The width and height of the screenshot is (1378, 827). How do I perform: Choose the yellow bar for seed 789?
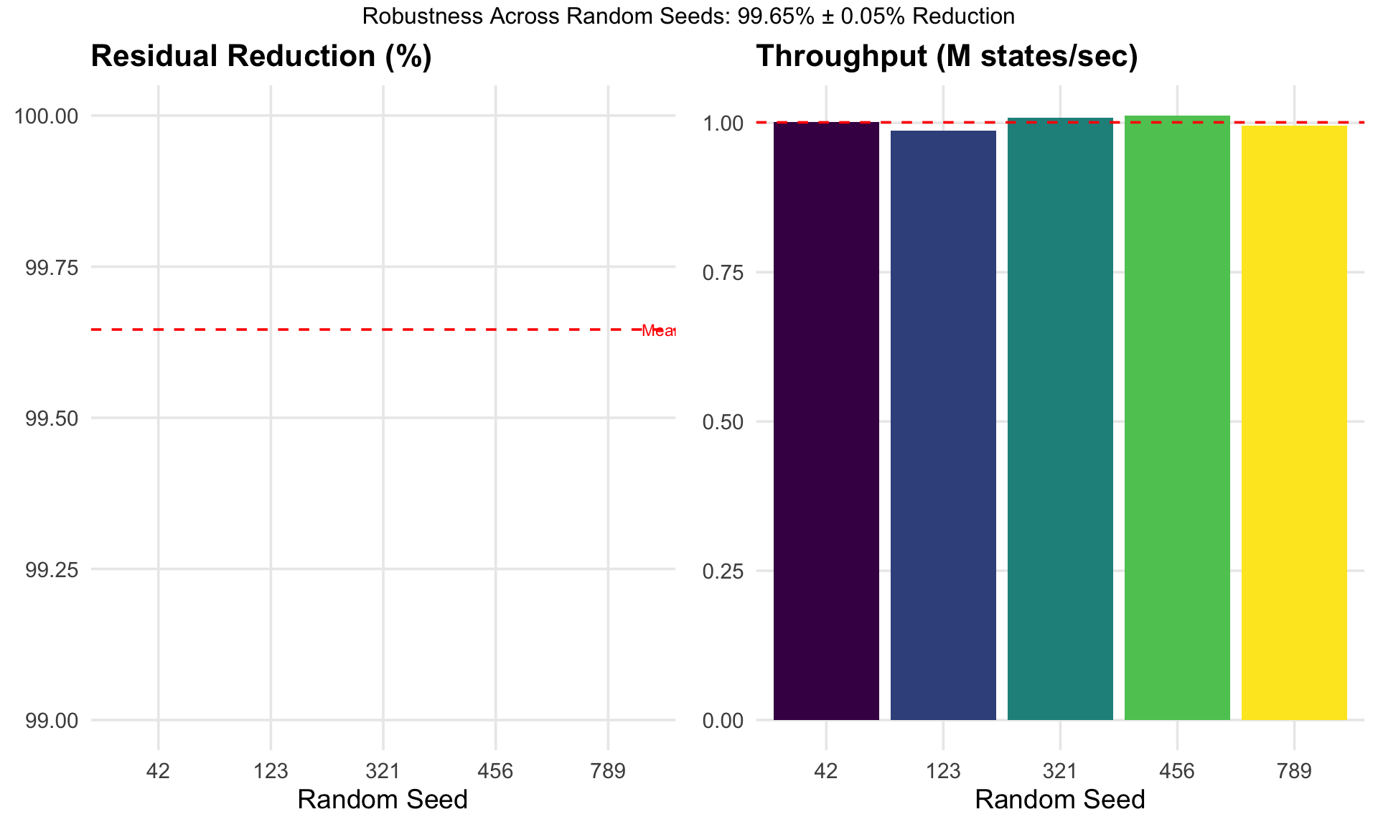1294,423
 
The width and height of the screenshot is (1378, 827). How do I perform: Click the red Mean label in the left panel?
658,331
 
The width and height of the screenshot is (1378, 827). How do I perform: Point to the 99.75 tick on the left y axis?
52,268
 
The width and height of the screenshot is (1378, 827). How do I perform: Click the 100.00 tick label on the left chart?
47,116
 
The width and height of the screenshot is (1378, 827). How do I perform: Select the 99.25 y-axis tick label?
52,570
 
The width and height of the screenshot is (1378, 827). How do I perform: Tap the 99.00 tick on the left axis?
52,721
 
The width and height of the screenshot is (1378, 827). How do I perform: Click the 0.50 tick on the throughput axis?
723,422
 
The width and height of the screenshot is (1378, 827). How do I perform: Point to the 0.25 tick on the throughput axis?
723,571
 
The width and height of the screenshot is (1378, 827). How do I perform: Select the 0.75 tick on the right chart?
723,273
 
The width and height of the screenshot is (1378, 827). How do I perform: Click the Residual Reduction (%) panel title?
261,57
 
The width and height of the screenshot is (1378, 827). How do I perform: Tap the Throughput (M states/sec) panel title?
947,57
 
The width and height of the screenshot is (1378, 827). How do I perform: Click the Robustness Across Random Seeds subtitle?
688,16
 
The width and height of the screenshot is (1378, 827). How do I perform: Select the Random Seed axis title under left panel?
382,800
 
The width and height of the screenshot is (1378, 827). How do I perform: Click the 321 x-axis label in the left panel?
383,772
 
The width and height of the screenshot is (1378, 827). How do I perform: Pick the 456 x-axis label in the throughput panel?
1177,772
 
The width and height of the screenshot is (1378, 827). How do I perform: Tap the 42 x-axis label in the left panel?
158,772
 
